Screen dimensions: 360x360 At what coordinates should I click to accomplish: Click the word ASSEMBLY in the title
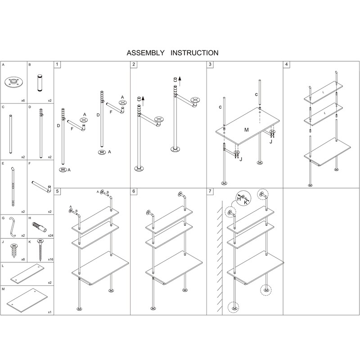[146, 53]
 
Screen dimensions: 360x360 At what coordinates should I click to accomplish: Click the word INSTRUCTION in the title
[194, 53]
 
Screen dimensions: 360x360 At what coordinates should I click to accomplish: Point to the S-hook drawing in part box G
[13, 227]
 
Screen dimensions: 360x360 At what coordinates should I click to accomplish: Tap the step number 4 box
[287, 65]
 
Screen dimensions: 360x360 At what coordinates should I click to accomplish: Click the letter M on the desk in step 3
[247, 130]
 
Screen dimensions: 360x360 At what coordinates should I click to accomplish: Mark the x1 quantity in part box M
[49, 311]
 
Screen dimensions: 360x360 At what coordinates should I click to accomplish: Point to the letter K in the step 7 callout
[246, 202]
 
